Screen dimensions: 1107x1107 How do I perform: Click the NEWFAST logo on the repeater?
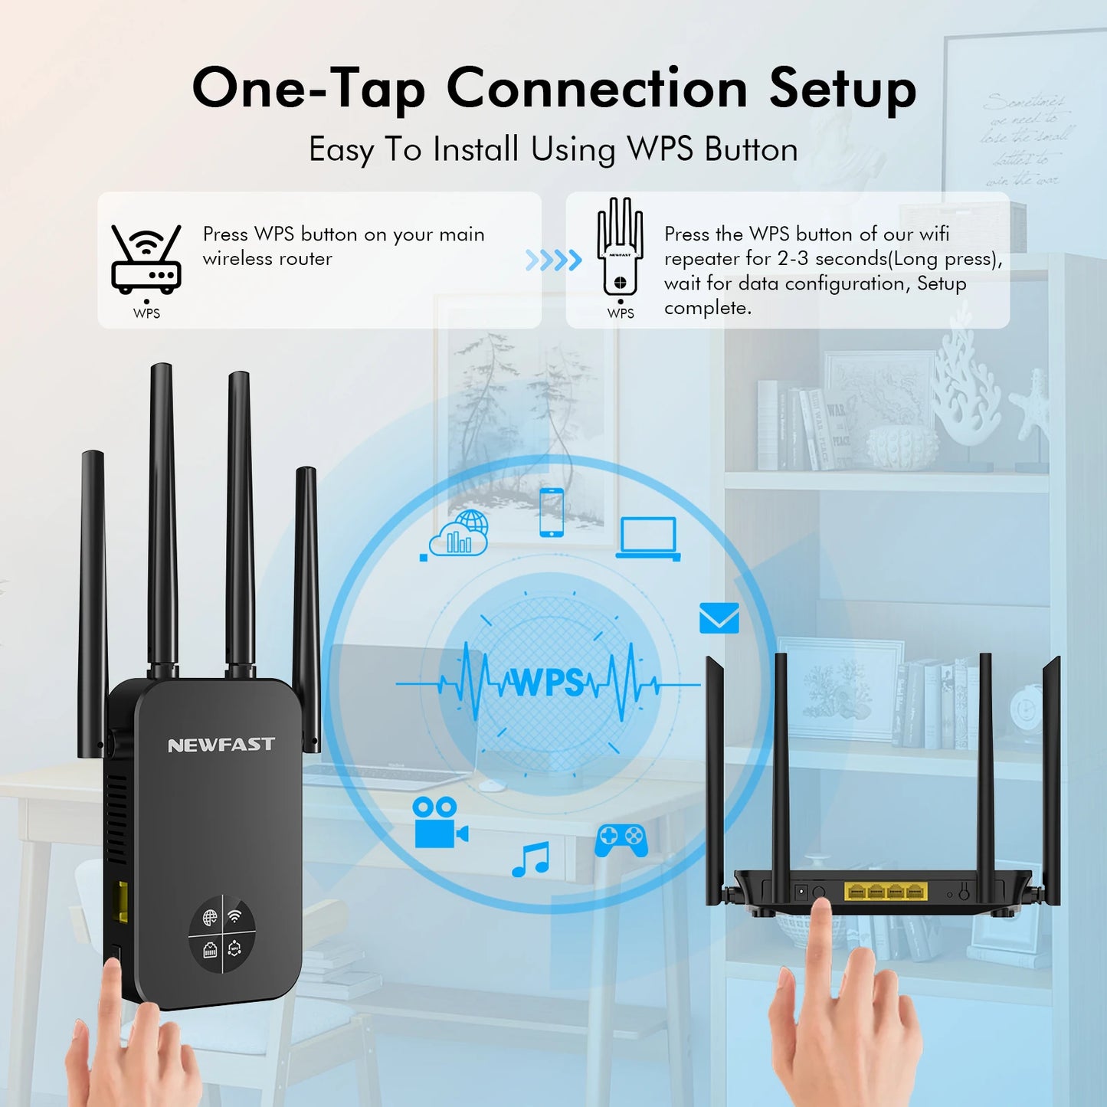[221, 745]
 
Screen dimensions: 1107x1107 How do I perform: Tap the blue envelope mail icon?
[719, 618]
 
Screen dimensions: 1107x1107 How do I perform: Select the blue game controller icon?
[621, 840]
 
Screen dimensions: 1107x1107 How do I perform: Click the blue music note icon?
[531, 860]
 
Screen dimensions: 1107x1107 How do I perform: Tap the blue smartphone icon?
[552, 512]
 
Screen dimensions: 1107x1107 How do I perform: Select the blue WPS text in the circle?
[548, 682]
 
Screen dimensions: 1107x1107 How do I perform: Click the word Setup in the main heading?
[843, 89]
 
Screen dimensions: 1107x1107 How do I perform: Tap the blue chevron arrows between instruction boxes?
[553, 260]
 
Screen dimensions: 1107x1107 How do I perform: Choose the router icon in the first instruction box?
[146, 260]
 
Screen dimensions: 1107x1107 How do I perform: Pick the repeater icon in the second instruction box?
[620, 248]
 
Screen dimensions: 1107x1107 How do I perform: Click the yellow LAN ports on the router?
[886, 891]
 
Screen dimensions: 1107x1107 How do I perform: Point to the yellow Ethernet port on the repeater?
[120, 901]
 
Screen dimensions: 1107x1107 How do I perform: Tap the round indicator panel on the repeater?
[222, 934]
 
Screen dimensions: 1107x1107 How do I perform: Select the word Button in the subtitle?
[751, 149]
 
